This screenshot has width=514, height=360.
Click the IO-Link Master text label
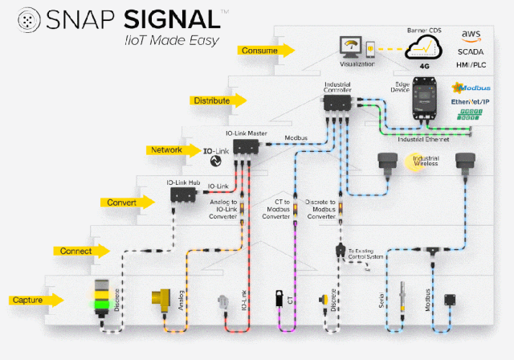(245, 133)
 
